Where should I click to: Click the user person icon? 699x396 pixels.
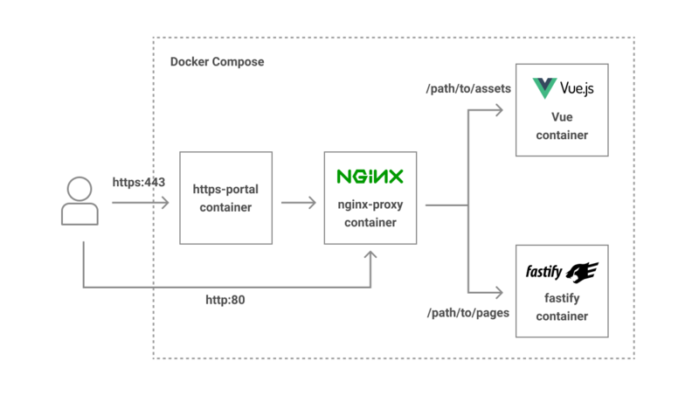[80, 202]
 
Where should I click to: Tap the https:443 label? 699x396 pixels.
[139, 183]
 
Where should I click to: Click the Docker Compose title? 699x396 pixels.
[217, 62]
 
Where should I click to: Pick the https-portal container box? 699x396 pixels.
[225, 198]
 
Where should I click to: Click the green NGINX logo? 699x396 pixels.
[370, 177]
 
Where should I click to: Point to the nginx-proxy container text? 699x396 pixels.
[370, 214]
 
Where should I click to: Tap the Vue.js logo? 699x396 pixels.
[563, 88]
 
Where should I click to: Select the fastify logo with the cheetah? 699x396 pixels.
[562, 271]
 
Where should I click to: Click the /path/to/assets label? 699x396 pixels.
[467, 88]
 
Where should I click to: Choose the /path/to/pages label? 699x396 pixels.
[467, 312]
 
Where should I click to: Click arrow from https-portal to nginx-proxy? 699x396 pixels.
[298, 203]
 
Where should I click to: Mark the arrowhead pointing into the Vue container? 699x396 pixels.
[500, 110]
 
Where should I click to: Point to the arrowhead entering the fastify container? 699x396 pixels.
[500, 293]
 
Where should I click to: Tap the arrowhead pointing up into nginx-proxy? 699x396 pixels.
[371, 255]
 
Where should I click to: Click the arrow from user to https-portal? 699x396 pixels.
[140, 203]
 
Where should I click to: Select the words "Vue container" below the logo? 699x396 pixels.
[562, 126]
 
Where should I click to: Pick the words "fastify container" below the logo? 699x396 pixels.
[562, 307]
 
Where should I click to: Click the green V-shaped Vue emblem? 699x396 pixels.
[545, 88]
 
